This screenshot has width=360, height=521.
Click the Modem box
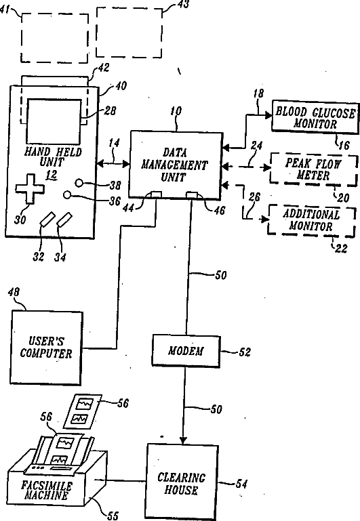tap(186, 351)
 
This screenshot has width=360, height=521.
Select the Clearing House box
tap(182, 482)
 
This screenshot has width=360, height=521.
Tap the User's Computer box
tap(46, 348)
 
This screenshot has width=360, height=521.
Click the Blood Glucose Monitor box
tap(315, 117)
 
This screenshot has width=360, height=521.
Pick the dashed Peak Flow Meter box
tap(313, 169)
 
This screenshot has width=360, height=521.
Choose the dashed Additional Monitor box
tap(311, 221)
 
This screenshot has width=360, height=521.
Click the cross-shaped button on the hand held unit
tap(30, 188)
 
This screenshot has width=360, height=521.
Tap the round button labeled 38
tap(79, 183)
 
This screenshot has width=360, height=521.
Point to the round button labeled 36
tap(67, 194)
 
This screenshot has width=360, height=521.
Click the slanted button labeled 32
tap(47, 220)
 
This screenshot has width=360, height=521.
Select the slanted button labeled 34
tap(64, 220)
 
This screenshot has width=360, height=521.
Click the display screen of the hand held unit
tap(54, 121)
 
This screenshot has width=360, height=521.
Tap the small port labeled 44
tap(156, 194)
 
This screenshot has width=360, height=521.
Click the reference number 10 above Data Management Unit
tap(176, 110)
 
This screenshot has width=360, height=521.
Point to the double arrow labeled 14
tap(113, 163)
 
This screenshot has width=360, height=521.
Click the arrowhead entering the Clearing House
tap(183, 440)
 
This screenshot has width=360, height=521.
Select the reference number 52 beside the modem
tap(245, 352)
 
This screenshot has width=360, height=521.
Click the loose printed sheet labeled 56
tap(83, 412)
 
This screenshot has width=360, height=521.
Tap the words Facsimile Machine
tap(46, 491)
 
